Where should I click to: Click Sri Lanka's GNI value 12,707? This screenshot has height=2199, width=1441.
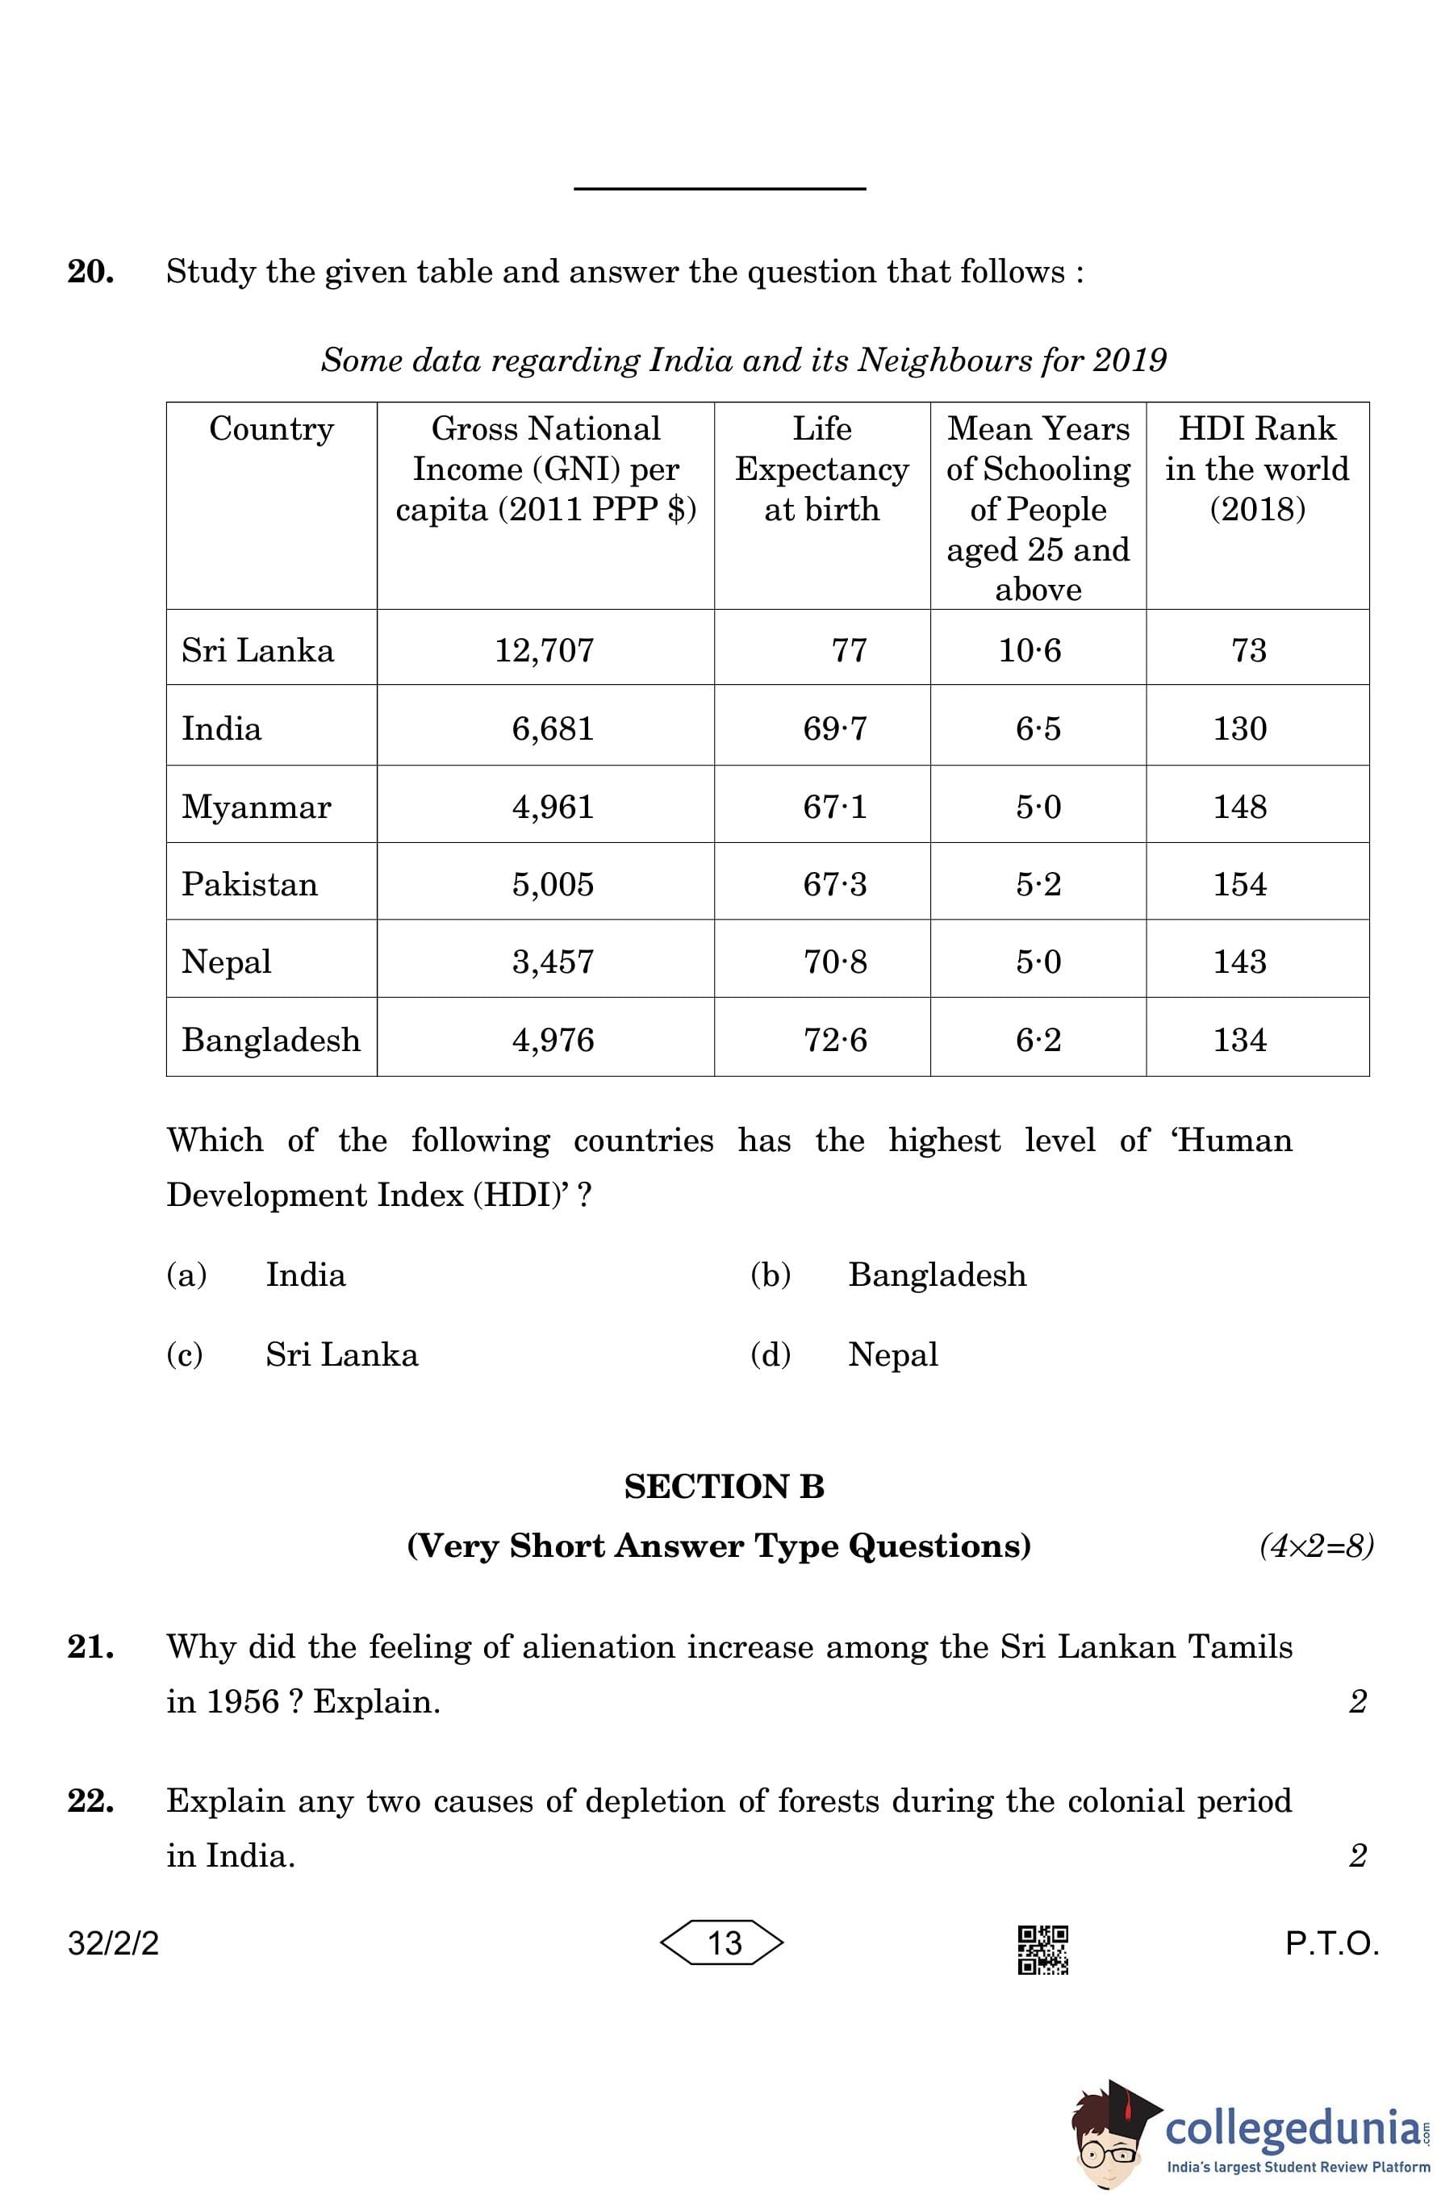(x=544, y=650)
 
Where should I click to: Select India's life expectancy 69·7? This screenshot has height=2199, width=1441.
(x=834, y=729)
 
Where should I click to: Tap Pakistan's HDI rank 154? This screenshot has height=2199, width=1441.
(x=1239, y=884)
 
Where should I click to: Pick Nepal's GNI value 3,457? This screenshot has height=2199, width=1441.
(x=553, y=962)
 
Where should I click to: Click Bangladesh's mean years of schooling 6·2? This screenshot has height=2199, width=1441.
(x=1038, y=1041)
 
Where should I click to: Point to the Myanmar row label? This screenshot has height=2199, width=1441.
(x=256, y=807)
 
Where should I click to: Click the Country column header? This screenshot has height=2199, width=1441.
(x=271, y=428)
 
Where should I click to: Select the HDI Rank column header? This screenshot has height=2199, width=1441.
(x=1256, y=469)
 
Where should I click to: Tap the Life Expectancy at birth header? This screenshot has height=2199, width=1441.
(x=821, y=469)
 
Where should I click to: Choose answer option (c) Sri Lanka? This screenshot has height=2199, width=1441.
(x=341, y=1354)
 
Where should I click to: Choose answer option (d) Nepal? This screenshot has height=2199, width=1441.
(x=892, y=1354)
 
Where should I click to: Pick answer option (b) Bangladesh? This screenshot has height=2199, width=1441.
(x=936, y=1275)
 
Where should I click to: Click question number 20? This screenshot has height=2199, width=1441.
(x=90, y=273)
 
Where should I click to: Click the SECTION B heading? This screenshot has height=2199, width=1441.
(x=724, y=1487)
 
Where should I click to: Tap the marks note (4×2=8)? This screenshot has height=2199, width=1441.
(x=1315, y=1546)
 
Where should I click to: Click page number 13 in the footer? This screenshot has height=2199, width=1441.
(x=724, y=1943)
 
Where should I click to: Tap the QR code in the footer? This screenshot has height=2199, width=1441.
(x=1042, y=1950)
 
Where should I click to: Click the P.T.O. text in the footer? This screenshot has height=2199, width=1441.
(x=1331, y=1944)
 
